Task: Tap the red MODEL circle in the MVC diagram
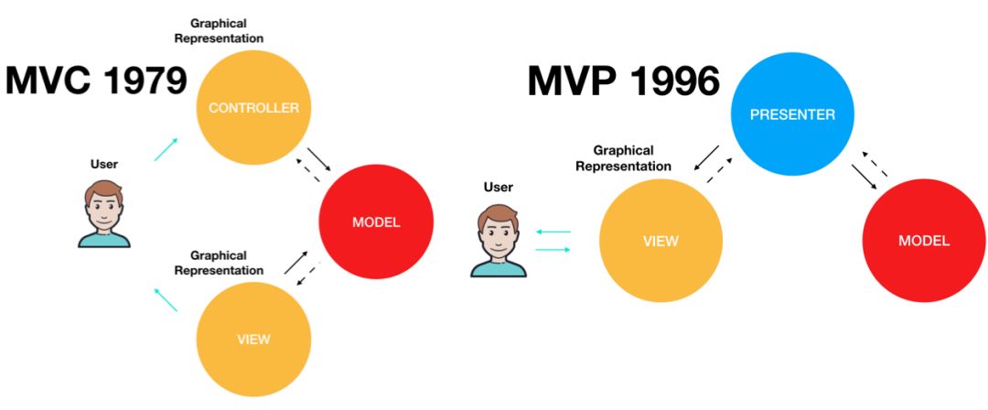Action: pyautogui.click(x=376, y=222)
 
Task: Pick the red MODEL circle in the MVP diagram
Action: pyautogui.click(x=923, y=241)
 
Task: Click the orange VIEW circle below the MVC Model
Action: pyautogui.click(x=253, y=339)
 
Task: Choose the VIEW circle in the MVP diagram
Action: pyautogui.click(x=660, y=241)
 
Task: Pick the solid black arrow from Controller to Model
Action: pyautogui.click(x=320, y=160)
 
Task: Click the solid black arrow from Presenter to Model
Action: pyautogui.click(x=864, y=178)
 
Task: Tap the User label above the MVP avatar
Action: pyautogui.click(x=499, y=188)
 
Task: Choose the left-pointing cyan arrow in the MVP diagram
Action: pyautogui.click(x=553, y=232)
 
